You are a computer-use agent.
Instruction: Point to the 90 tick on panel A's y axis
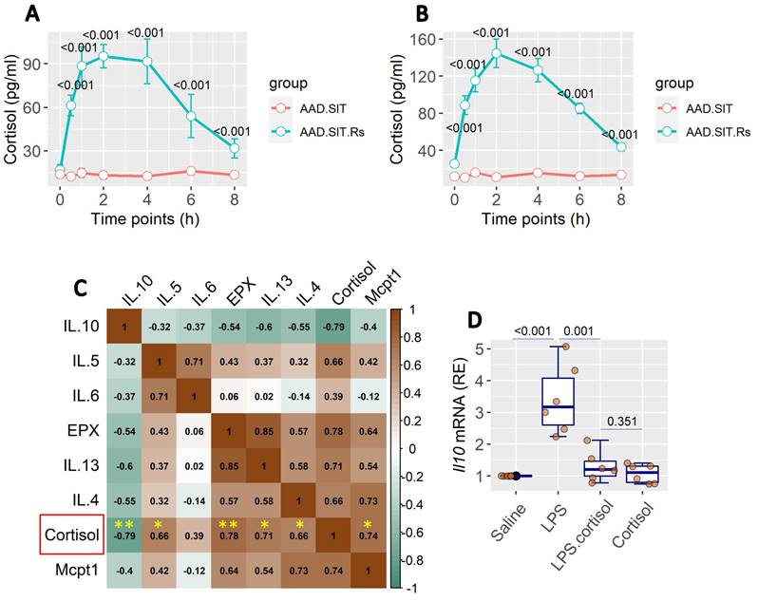click(x=40, y=62)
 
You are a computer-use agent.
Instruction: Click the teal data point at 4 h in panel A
click(x=147, y=62)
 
